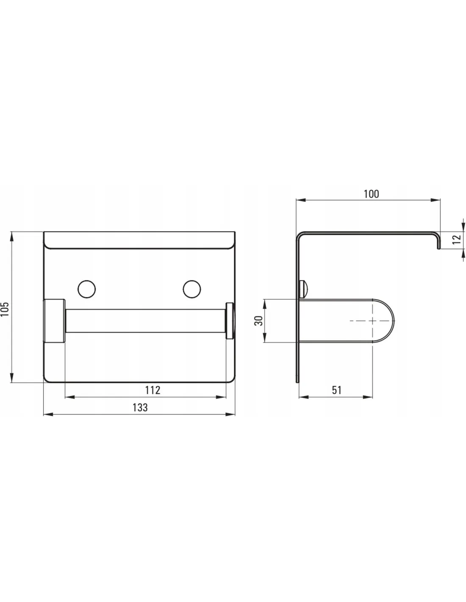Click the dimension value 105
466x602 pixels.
[5, 309]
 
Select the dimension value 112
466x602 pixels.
[153, 390]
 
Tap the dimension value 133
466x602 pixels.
[140, 408]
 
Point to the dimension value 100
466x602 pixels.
[371, 194]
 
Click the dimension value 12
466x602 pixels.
[456, 239]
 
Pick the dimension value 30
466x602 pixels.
[259, 321]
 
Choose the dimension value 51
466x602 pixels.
[336, 390]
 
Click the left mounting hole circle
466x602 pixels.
[87, 290]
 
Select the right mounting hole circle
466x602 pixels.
[192, 290]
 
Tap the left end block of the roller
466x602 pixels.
[54, 321]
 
